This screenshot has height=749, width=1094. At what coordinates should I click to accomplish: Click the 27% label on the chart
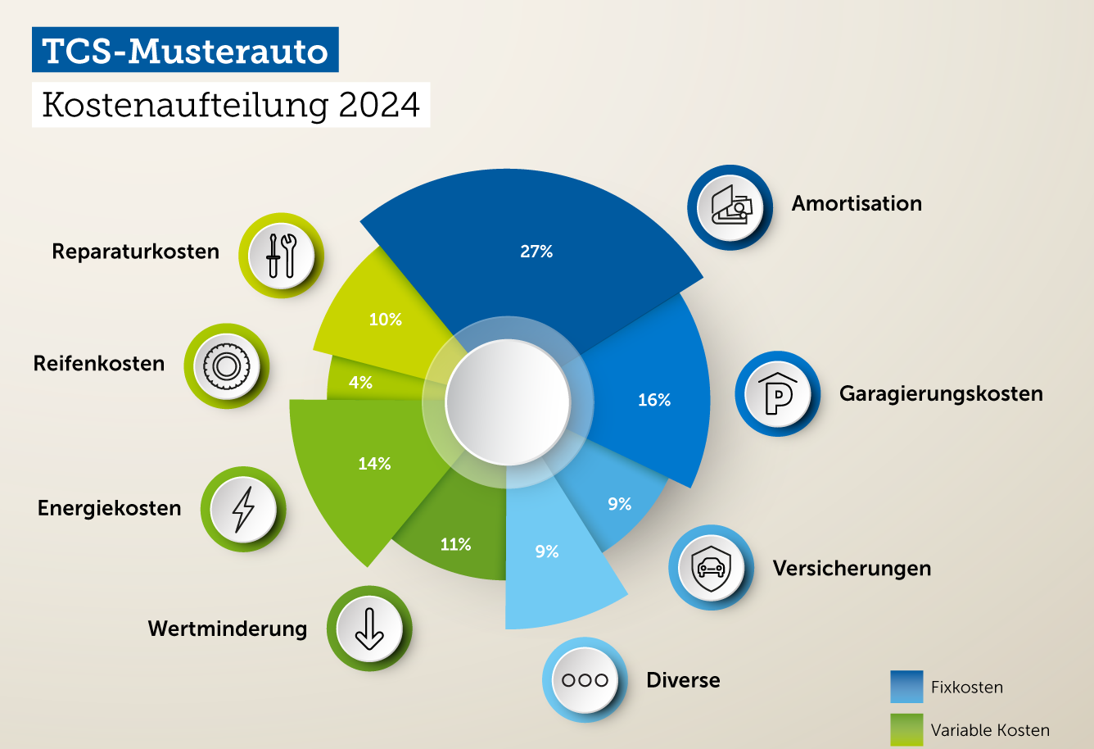536,252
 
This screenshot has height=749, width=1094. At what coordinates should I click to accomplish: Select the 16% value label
654,400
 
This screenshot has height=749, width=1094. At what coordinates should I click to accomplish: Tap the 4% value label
360,382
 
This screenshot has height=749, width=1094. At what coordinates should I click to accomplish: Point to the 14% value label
374,464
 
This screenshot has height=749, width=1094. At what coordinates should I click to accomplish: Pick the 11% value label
455,544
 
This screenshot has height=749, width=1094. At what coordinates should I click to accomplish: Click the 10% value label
385,320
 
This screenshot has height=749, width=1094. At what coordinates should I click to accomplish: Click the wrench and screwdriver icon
281,255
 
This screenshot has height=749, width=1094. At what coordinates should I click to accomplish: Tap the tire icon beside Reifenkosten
226,365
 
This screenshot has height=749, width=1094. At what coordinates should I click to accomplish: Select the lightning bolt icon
243,509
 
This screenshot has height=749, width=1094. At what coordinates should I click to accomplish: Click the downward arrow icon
368,629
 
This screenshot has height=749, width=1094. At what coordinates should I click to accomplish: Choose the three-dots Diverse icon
585,679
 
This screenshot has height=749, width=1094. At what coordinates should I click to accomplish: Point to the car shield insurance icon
711,567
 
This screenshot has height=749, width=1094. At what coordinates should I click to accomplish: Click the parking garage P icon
777,394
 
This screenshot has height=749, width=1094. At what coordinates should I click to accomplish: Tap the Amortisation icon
730,207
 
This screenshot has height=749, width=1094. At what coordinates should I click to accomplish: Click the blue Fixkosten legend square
906,687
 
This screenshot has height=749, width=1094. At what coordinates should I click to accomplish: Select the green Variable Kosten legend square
906,729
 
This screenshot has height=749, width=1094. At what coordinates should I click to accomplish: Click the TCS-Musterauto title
185,51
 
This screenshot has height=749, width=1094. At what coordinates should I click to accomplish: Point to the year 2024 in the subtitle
379,105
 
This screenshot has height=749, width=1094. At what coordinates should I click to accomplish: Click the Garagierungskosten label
941,394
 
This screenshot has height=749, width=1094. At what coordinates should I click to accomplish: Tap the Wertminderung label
228,629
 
